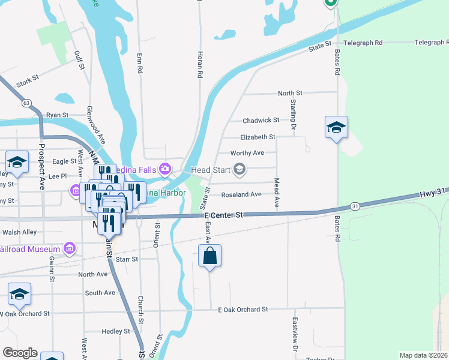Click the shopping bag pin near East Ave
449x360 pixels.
(x=209, y=256)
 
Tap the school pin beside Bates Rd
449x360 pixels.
(x=336, y=127)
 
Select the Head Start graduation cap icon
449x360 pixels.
(x=240, y=170)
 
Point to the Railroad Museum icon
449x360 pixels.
(x=70, y=248)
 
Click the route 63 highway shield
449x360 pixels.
(x=26, y=103)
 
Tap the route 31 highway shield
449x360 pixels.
(x=355, y=206)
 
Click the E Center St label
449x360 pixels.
(x=223, y=215)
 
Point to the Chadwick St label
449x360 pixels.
(x=261, y=121)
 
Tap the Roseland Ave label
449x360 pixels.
(x=241, y=194)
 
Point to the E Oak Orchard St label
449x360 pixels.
(x=243, y=310)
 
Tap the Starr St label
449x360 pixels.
(x=127, y=259)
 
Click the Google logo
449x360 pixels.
(x=19, y=353)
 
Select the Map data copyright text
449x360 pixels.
(x=423, y=355)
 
